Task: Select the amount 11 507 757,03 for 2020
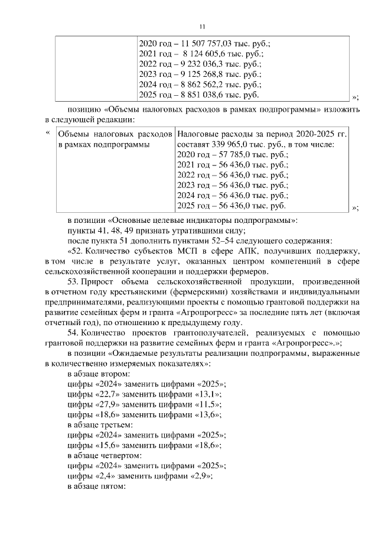[204, 44]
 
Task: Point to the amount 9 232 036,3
[204, 64]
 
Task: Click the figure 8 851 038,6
[204, 95]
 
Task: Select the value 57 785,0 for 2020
[205, 154]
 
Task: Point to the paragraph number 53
[73, 282]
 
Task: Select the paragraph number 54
[73, 333]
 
